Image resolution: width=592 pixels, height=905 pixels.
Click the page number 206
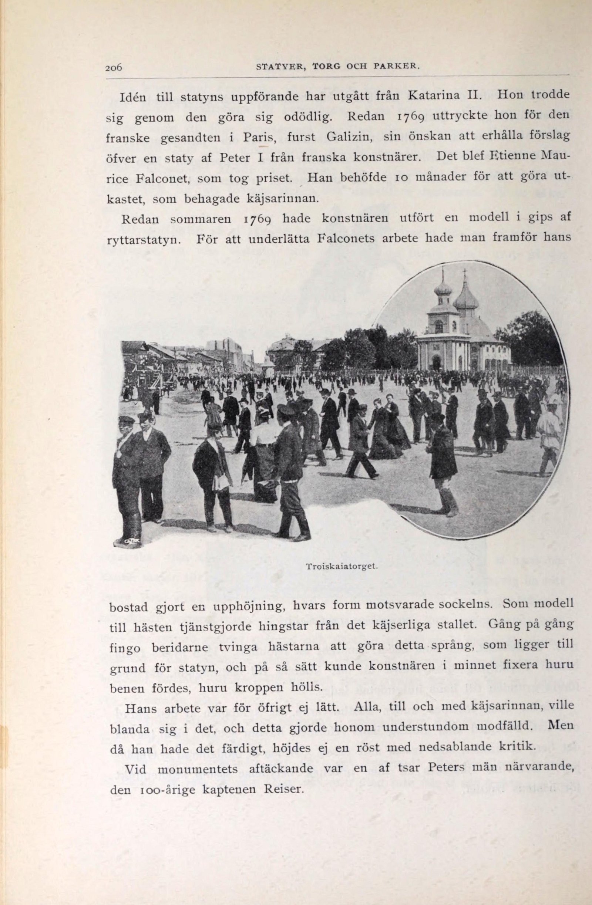[114, 67]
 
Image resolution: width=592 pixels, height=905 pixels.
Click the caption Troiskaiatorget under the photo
[341, 565]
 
